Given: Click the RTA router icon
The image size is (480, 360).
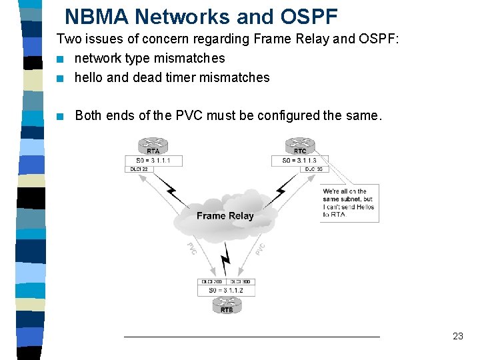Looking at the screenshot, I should pos(153,145).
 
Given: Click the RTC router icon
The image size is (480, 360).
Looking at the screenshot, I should pos(299,145).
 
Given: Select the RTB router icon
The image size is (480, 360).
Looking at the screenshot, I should pos(227,305).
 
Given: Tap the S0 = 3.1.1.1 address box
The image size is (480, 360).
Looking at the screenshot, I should pos(153,161).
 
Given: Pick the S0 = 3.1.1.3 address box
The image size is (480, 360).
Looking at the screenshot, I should pos(299,161).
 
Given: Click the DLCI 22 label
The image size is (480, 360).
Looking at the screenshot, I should pos(138,169).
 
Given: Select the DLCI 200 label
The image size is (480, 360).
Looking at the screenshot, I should pos(213,282).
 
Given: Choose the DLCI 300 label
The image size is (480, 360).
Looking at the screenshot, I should pos(241,282).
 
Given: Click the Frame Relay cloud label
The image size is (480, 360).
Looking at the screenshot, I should pos(225,215).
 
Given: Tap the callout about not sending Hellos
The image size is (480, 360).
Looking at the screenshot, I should pos(349,203).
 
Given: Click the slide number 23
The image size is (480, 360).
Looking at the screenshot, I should pos(457,336).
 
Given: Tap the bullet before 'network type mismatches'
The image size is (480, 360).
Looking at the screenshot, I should pos(61,59).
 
